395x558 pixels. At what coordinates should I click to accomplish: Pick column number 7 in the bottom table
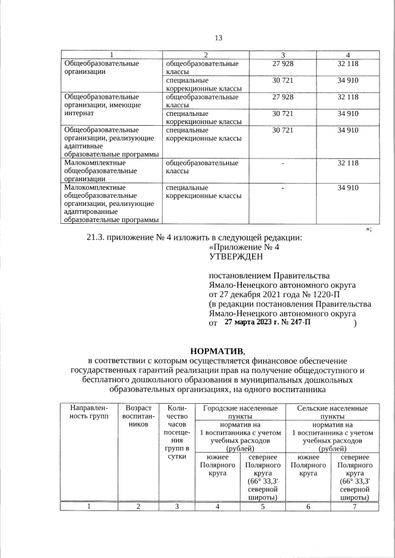[x=354, y=507]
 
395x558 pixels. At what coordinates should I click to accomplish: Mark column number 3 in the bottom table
[x=177, y=507]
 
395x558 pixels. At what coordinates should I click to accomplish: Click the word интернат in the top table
[x=79, y=113]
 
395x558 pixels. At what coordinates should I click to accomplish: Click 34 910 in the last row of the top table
[x=348, y=187]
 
